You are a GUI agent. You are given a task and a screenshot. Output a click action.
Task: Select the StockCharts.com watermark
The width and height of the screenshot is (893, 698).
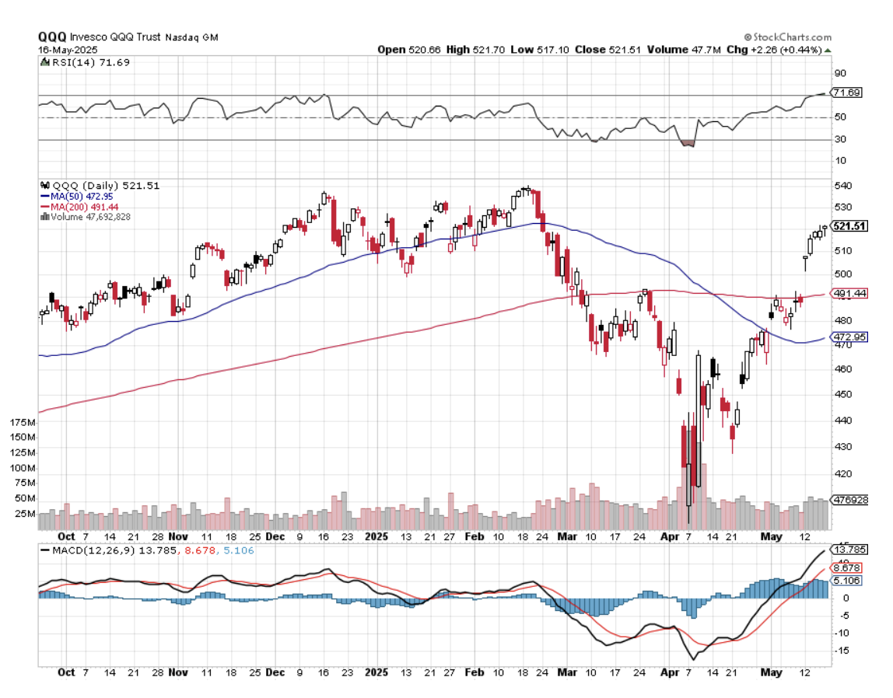click(787, 37)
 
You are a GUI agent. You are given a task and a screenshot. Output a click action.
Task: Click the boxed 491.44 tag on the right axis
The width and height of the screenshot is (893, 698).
click(849, 294)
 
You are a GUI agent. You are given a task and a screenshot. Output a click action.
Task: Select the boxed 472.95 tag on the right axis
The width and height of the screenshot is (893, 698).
click(849, 337)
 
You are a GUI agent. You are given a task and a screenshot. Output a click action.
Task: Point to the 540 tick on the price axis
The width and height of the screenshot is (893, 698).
click(840, 186)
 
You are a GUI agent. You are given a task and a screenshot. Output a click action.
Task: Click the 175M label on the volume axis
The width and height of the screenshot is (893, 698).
click(21, 422)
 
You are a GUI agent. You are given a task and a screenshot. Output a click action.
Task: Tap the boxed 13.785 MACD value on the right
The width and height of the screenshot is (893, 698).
click(849, 549)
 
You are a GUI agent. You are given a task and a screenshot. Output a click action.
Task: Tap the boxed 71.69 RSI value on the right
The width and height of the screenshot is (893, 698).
click(846, 92)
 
